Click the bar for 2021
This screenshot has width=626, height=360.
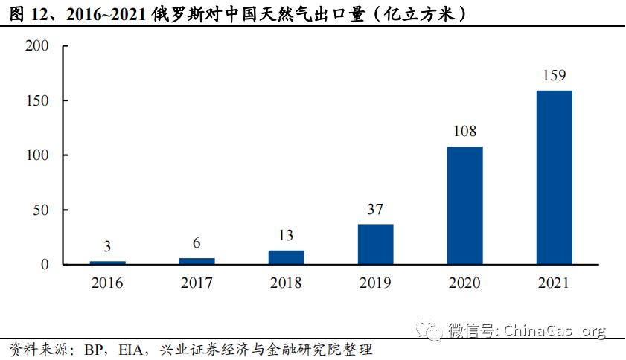554,177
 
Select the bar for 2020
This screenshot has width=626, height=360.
464,205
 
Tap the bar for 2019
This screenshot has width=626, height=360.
375,244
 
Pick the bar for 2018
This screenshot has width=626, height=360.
286,257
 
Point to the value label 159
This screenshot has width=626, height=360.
554,75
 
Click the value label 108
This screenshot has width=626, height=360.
464,132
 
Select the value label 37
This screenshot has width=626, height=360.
375,209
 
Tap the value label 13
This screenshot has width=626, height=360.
286,236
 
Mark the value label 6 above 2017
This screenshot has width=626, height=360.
197,243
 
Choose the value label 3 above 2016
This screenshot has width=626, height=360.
107,247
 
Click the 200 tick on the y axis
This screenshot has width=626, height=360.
36,46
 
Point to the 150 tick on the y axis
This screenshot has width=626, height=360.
36,100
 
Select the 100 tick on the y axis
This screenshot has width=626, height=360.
36,155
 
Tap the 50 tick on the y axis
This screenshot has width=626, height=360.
40,210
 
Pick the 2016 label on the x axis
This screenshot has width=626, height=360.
107,283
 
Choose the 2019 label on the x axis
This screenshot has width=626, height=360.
375,283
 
